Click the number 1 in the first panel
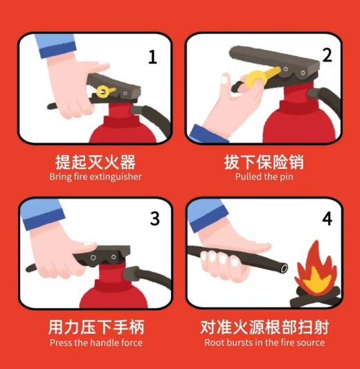[x=152, y=57]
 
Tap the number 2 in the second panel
[x=327, y=55]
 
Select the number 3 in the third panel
[x=154, y=219]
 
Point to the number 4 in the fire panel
[x=327, y=219]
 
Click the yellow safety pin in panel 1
[x=105, y=91]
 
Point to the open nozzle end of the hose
[x=284, y=268]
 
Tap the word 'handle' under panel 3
[x=106, y=343]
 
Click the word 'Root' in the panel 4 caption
[x=213, y=343]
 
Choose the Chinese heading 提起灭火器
[x=96, y=162]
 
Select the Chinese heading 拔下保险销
[x=264, y=162]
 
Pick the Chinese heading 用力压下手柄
[x=96, y=327]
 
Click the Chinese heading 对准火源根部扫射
[x=264, y=327]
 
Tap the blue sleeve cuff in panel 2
[x=207, y=134]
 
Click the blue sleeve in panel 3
[x=42, y=215]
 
